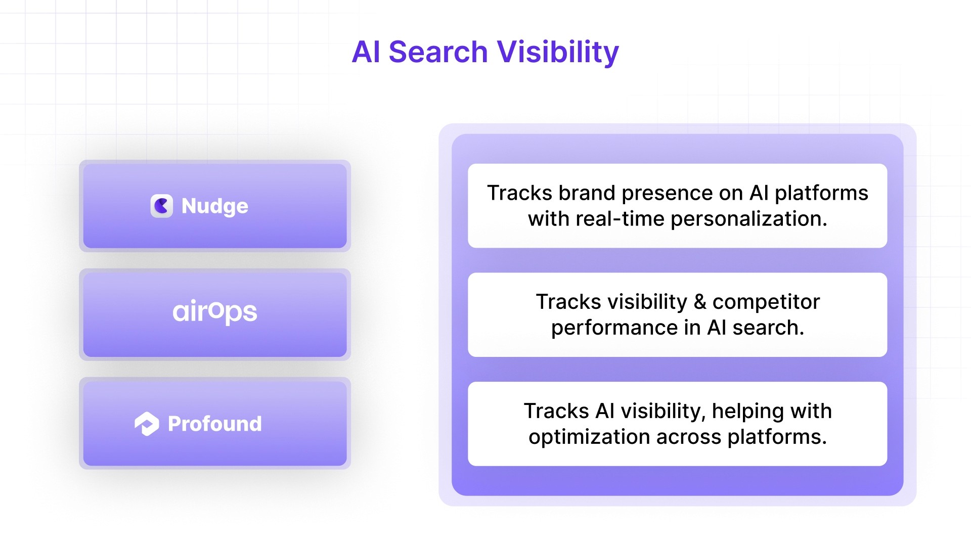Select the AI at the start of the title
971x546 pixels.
point(366,52)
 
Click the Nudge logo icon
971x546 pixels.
point(162,206)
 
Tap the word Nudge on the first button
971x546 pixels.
point(215,206)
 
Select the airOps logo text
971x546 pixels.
point(215,312)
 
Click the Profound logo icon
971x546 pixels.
point(147,424)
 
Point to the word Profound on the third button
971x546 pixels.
point(215,424)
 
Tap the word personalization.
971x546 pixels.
point(748,219)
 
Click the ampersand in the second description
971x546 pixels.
point(700,302)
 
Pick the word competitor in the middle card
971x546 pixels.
point(766,302)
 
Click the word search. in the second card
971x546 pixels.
point(768,328)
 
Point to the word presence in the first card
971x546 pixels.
point(682,193)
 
